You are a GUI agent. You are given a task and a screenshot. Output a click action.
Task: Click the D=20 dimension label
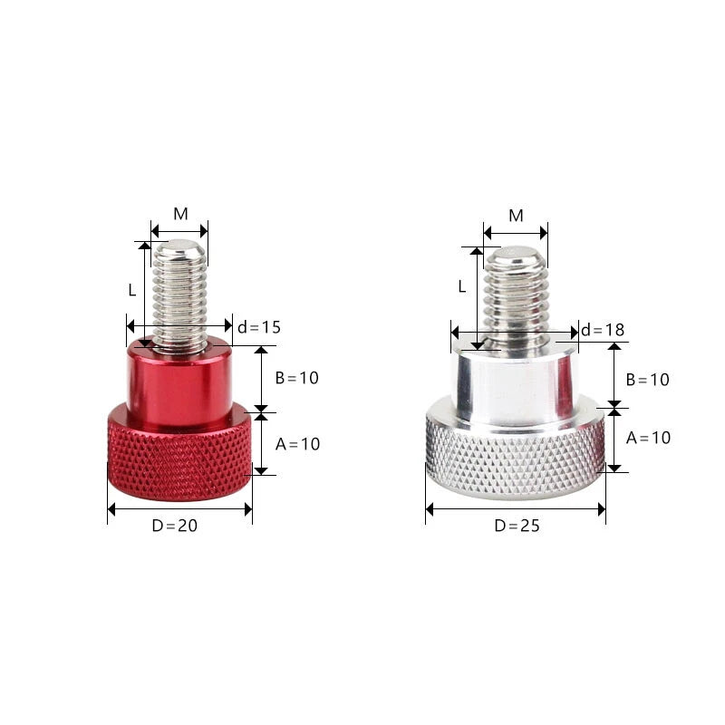point(174,526)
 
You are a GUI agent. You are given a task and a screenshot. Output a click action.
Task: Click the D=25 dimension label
point(517,526)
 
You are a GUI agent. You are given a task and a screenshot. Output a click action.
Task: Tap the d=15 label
point(259,327)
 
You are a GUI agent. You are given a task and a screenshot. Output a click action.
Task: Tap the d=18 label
point(603,330)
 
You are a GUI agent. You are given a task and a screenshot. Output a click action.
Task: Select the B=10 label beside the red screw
point(297,378)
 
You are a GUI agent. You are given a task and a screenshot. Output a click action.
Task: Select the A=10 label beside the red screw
point(298,444)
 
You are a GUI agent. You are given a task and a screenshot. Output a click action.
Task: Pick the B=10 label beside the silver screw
point(647,380)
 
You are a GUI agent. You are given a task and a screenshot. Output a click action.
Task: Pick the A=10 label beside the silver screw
point(648,438)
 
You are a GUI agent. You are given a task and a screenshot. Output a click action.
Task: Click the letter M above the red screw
point(180,214)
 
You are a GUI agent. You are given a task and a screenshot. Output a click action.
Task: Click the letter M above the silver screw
point(516,216)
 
